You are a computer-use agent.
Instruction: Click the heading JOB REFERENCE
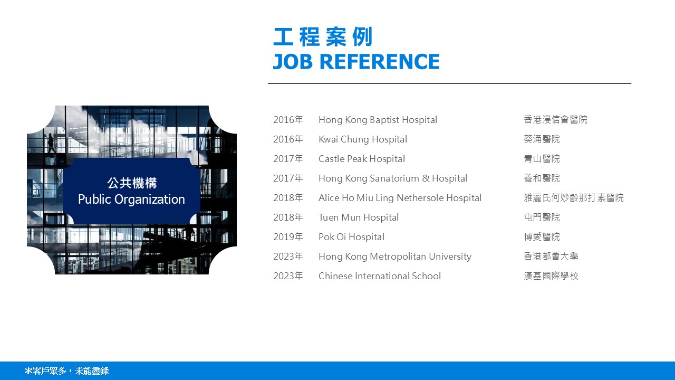[356, 62]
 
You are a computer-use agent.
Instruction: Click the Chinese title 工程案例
[323, 37]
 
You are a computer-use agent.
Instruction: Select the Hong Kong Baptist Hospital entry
[378, 120]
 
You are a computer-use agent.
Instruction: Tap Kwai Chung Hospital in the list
[363, 139]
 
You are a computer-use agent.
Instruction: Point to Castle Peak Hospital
[362, 159]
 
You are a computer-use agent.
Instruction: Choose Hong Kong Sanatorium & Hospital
[393, 178]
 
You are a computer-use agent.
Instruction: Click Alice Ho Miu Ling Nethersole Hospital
[400, 198]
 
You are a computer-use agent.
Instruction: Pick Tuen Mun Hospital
[359, 217]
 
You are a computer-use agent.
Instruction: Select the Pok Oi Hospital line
[351, 237]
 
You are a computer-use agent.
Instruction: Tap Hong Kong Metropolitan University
[395, 256]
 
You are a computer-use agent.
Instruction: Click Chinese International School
[380, 276]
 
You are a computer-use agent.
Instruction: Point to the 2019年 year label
[288, 237]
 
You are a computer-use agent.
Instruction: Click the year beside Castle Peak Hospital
[288, 159]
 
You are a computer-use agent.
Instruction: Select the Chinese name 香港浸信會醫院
[556, 120]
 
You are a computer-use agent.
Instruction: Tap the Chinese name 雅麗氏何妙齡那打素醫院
[574, 198]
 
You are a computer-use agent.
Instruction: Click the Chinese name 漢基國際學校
[551, 276]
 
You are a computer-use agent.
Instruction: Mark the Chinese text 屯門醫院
[542, 217]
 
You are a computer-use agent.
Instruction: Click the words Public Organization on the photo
[131, 199]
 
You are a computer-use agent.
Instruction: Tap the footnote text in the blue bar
[66, 371]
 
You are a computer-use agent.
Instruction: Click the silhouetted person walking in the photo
[51, 143]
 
